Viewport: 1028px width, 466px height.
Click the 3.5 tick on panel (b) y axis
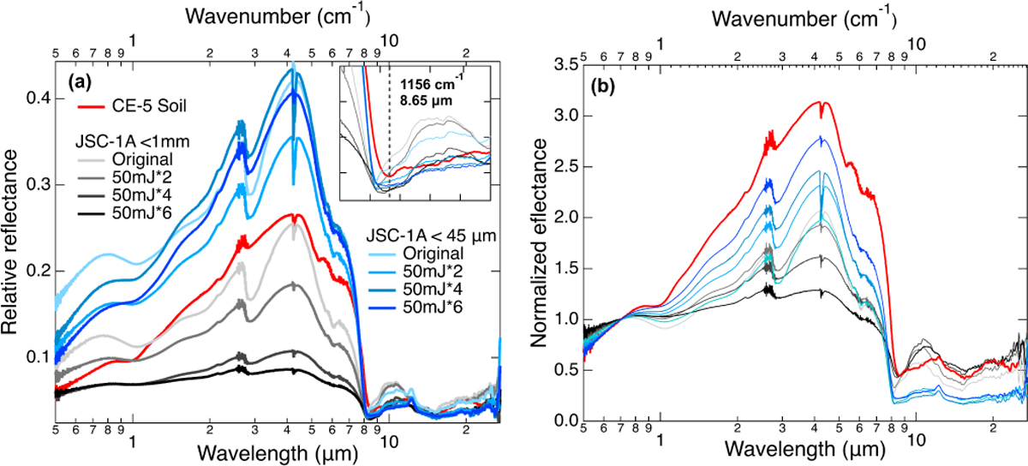[x=562, y=64]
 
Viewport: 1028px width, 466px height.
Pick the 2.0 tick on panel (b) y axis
[x=562, y=218]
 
